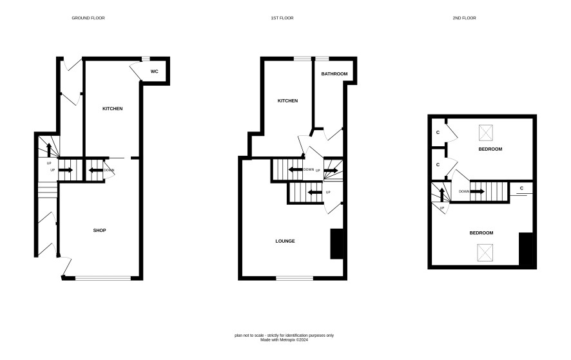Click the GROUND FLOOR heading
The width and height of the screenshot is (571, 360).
88,18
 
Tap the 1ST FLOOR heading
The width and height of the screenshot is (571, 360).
282,18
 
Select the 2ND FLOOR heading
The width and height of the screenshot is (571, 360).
464,18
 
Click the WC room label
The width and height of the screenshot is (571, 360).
155,71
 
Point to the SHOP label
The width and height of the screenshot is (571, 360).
99,231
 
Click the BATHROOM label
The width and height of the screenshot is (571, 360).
334,74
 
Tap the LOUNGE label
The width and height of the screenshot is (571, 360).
285,241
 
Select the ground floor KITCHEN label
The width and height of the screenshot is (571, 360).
113,109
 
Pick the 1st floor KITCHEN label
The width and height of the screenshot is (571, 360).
287,101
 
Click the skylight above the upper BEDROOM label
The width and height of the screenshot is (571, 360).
485,133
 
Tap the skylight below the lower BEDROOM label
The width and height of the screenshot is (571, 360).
485,252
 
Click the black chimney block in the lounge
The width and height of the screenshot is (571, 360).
337,244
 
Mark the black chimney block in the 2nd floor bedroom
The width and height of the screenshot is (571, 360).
526,249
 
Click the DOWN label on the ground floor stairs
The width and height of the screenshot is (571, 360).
109,171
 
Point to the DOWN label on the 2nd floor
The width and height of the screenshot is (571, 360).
464,191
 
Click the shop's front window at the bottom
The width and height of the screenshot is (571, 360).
103,278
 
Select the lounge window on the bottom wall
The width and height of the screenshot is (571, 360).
295,278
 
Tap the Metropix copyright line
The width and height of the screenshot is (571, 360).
284,340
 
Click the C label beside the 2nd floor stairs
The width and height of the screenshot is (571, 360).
521,188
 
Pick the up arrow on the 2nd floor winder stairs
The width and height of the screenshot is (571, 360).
441,194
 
